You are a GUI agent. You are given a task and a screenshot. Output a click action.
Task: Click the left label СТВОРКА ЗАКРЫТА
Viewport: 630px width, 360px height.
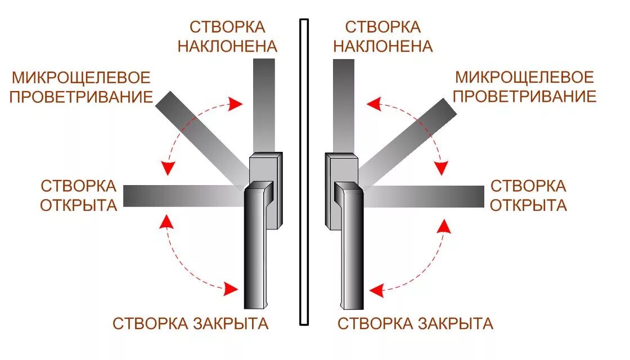190,323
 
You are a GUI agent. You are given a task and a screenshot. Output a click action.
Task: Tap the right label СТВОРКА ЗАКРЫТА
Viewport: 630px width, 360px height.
415,323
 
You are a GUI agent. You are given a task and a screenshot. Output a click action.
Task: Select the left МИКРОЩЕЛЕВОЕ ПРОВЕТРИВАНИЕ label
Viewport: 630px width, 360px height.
82,87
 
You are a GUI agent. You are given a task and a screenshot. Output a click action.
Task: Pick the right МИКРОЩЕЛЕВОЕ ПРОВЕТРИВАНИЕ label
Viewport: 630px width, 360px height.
524,87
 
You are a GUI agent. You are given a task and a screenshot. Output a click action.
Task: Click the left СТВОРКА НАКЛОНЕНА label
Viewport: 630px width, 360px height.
227,37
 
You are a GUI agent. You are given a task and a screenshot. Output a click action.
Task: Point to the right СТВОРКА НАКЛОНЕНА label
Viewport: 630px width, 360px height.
383,37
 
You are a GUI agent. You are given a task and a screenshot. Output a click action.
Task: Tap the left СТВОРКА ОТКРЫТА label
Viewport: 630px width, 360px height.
79,195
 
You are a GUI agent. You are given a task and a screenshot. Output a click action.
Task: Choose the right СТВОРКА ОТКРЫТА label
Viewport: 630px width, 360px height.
528,195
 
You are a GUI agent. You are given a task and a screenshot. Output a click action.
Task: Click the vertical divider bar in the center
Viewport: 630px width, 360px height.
304,172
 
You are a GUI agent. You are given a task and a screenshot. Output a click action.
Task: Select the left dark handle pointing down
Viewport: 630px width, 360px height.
256,247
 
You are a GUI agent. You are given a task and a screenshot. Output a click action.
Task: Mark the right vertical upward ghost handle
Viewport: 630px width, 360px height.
344,107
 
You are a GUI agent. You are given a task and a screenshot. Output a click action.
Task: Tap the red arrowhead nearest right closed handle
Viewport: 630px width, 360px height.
376,290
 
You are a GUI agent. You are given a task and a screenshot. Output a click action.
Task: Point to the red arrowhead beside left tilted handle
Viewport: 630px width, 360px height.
235,103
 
